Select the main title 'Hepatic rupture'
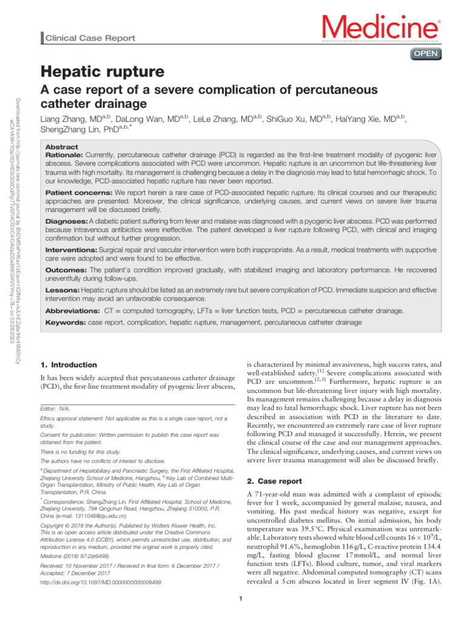point(102,72)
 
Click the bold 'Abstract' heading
point(62,147)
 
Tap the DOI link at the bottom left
point(100,581)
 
